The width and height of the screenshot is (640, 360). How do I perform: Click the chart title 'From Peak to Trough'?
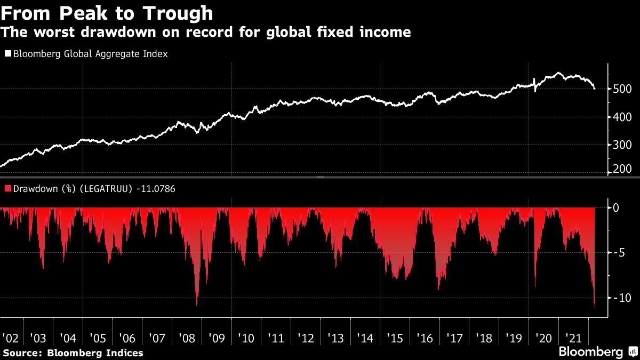(107, 13)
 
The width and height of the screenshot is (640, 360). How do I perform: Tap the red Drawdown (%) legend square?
(7, 188)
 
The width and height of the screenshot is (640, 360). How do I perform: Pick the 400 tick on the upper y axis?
(622, 117)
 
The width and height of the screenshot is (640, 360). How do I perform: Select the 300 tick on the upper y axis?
(622, 145)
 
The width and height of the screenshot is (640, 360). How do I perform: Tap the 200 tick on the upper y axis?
(622, 170)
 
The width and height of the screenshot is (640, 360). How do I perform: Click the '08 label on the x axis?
(187, 338)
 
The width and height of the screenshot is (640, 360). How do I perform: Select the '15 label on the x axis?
(395, 338)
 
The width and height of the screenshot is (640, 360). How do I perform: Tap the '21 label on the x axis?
(573, 338)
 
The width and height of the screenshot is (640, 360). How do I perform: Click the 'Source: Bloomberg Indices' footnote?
(73, 353)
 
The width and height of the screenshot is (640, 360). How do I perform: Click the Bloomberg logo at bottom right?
(591, 351)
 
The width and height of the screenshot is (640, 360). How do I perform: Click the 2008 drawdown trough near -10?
(197, 303)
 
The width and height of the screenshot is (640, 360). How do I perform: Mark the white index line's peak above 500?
(558, 73)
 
